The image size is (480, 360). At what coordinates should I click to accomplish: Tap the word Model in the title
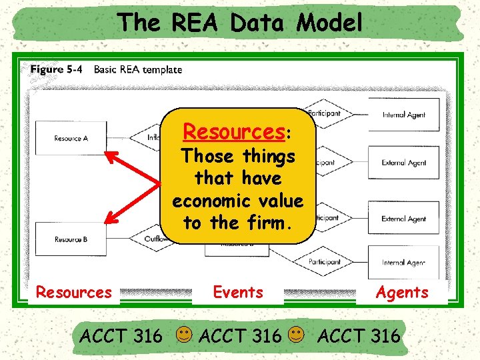click(x=330, y=23)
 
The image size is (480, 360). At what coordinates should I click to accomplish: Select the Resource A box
click(x=70, y=139)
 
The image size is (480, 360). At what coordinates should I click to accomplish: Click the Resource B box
click(x=70, y=239)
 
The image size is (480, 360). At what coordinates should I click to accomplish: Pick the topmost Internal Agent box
click(x=404, y=115)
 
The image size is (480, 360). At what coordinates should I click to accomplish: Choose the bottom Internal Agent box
click(x=404, y=263)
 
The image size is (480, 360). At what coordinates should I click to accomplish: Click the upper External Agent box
click(x=404, y=163)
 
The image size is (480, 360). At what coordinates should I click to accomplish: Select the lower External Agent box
click(x=404, y=219)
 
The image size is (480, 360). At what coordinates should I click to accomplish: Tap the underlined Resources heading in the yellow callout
click(x=235, y=131)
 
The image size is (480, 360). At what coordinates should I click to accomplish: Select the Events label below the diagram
click(x=238, y=292)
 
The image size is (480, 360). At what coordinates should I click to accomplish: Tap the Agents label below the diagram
click(x=402, y=292)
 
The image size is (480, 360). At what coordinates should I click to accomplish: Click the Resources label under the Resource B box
click(x=73, y=292)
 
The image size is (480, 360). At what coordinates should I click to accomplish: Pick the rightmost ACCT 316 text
click(x=359, y=335)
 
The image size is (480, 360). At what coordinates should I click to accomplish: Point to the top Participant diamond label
click(x=323, y=114)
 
